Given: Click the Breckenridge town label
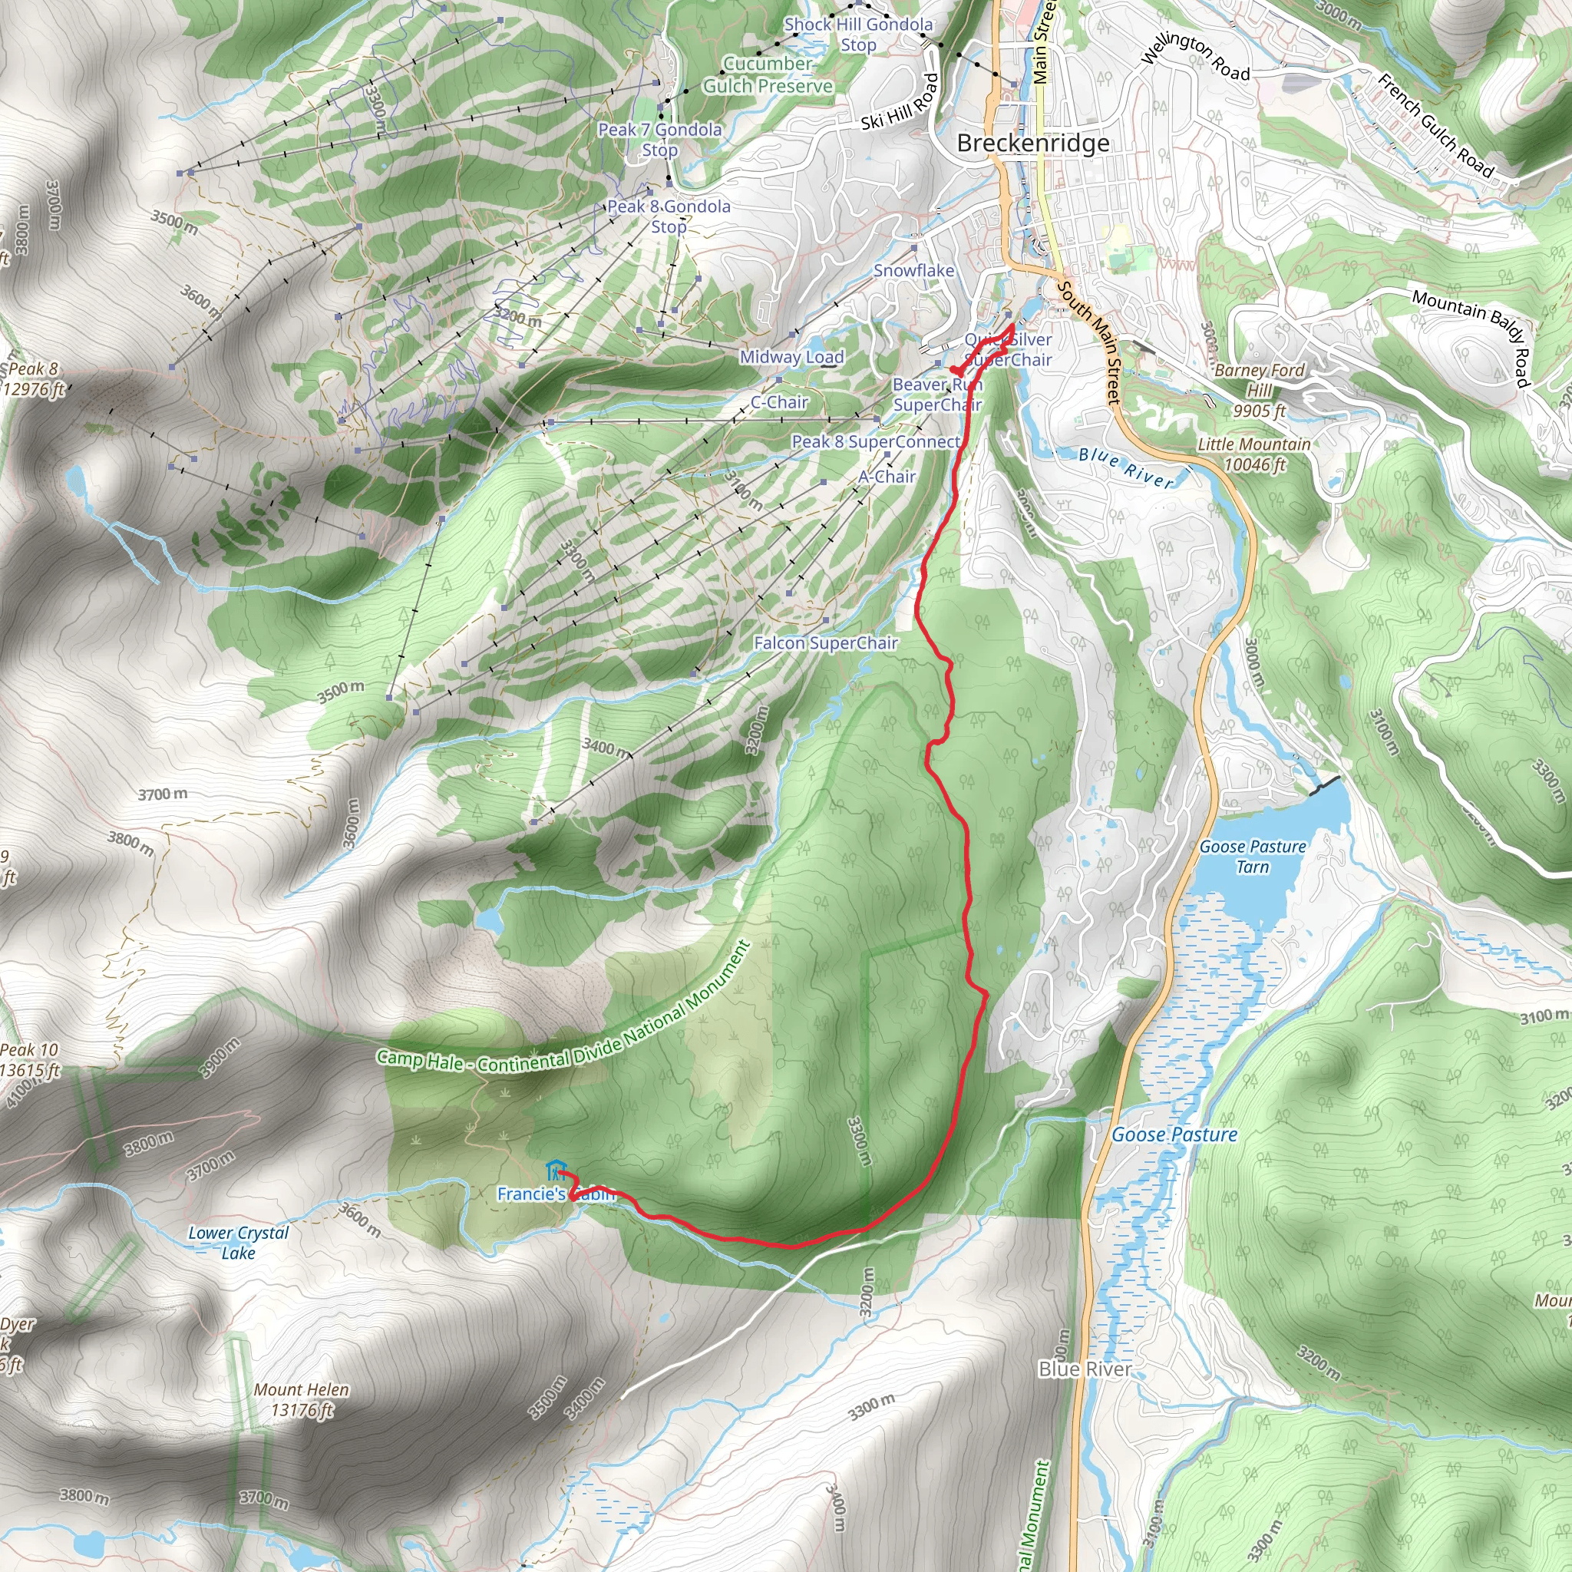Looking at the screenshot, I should (x=1032, y=144).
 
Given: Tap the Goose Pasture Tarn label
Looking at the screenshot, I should (x=1252, y=857).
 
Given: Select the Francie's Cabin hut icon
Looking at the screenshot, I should (x=556, y=1171).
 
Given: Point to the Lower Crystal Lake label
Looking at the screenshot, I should (x=239, y=1243).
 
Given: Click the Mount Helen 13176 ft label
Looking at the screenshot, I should (x=301, y=1399).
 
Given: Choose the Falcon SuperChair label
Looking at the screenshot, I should (x=825, y=642).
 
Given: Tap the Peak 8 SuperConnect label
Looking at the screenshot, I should (x=876, y=441).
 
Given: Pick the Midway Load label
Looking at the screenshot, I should (x=791, y=356).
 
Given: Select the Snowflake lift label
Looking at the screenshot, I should (x=913, y=270).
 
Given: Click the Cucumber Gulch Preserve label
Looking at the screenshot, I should (x=768, y=75).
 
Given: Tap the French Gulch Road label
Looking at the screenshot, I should (x=1436, y=126).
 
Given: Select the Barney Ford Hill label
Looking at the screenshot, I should (x=1259, y=391).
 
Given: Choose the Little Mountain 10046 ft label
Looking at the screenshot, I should (x=1254, y=454).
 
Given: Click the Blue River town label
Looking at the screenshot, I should (x=1085, y=1369).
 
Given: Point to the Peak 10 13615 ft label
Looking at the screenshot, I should (x=29, y=1060).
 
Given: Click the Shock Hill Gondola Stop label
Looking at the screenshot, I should (x=857, y=35).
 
